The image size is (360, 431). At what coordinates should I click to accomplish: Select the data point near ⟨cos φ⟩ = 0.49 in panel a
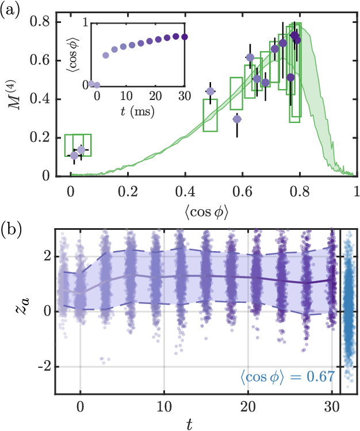pyautogui.click(x=210, y=91)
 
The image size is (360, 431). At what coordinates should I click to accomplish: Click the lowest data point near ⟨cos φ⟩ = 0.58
pyautogui.click(x=237, y=119)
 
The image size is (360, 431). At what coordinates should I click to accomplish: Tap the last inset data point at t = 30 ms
pyautogui.click(x=184, y=37)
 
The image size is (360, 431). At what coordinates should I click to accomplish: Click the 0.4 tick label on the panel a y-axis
pyautogui.click(x=41, y=99)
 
